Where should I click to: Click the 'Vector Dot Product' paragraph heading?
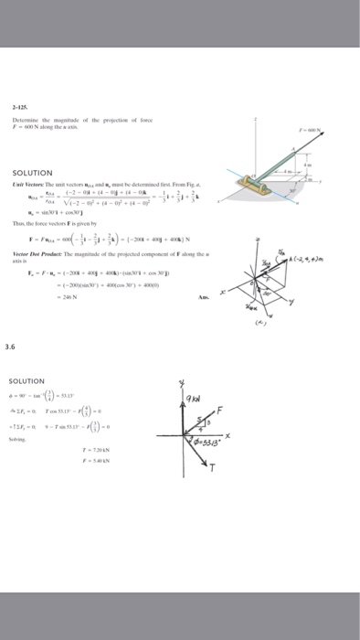(36, 251)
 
